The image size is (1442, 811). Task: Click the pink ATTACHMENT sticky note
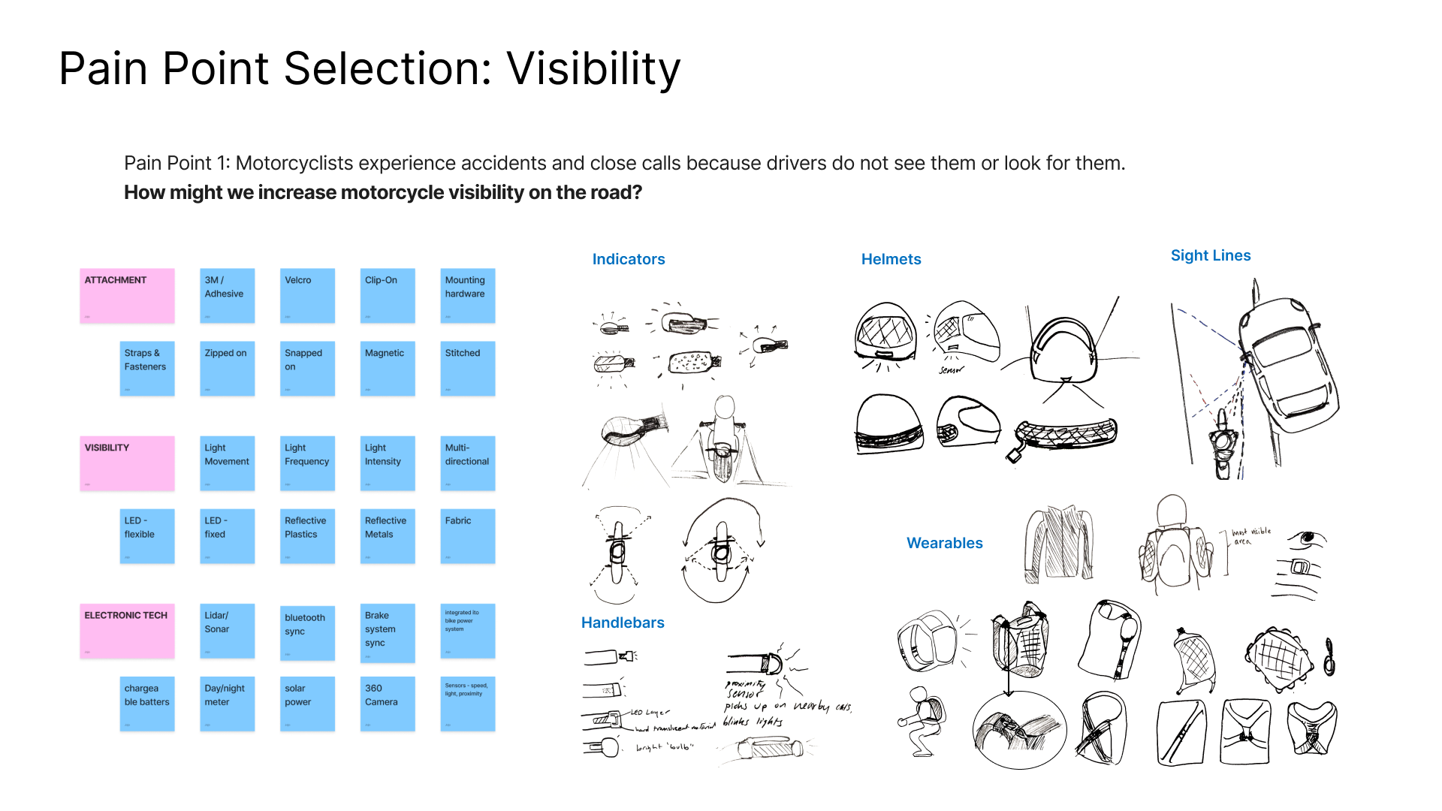(127, 296)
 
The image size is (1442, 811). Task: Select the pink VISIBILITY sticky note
(127, 463)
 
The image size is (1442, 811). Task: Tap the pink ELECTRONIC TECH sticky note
(127, 631)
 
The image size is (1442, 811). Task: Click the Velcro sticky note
(307, 296)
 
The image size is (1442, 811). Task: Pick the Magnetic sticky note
(388, 369)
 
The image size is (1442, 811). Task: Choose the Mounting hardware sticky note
(467, 296)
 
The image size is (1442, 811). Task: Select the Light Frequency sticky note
(307, 463)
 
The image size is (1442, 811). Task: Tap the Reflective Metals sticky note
(388, 536)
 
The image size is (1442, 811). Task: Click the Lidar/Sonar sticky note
(227, 631)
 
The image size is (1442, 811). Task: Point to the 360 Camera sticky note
(388, 704)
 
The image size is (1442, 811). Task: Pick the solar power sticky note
(307, 704)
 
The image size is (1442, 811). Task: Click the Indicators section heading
(629, 259)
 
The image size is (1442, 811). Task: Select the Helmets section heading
(891, 259)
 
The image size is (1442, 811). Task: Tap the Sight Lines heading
(1211, 255)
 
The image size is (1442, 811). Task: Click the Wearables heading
(944, 543)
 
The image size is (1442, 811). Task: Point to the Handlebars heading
(623, 623)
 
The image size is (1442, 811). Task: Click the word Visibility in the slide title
(593, 68)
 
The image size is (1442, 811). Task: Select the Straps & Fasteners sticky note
(147, 369)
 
